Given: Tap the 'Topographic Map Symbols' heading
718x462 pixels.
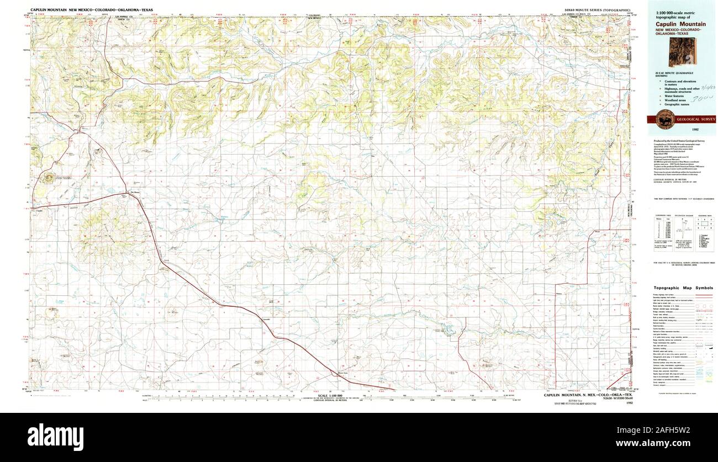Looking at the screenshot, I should click(683, 288).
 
